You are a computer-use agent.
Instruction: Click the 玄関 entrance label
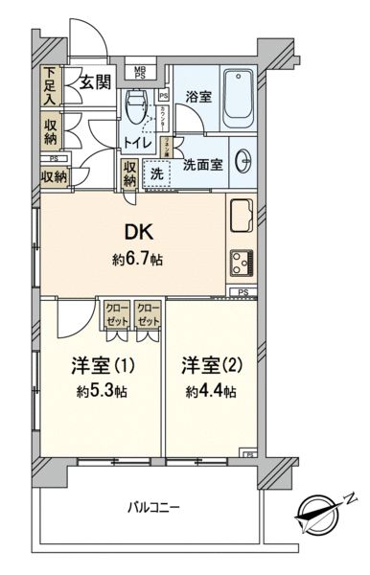tap(93, 82)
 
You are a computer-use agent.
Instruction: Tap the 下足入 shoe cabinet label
tap(50, 85)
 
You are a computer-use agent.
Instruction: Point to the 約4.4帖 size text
tap(212, 392)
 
